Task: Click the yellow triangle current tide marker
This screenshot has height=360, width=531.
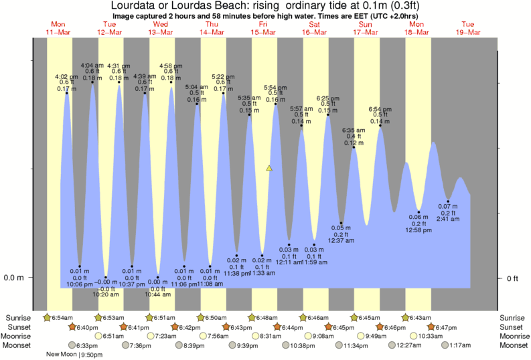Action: pyautogui.click(x=269, y=169)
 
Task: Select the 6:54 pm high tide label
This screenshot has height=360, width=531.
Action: pyautogui.click(x=380, y=109)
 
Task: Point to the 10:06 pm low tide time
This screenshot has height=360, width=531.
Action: pyautogui.click(x=79, y=284)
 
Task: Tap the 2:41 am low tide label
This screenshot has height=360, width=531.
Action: pyautogui.click(x=448, y=219)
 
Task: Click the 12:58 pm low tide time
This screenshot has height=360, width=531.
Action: pyautogui.click(x=419, y=230)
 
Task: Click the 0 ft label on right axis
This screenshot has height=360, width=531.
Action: pyautogui.click(x=512, y=278)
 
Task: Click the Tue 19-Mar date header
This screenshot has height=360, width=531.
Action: pyautogui.click(x=467, y=27)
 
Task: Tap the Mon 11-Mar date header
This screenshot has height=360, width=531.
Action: pyautogui.click(x=59, y=27)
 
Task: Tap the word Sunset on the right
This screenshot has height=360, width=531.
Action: pyautogui.click(x=513, y=327)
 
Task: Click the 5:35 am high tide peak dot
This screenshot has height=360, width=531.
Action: pyautogui.click(x=250, y=115)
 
